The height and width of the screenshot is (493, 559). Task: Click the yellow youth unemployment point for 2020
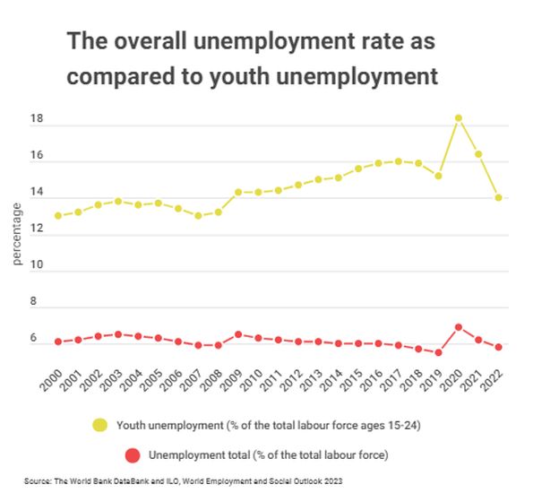(459, 118)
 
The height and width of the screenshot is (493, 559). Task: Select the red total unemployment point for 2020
(459, 327)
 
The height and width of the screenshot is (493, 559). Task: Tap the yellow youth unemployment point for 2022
(498, 198)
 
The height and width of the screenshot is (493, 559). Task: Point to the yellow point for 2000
(58, 216)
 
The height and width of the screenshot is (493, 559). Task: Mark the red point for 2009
(238, 334)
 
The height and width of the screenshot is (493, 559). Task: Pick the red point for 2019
(438, 352)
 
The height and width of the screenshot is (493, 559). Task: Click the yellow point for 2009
(238, 192)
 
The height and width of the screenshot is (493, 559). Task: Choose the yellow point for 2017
(399, 161)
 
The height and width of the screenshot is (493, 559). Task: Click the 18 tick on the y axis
(37, 119)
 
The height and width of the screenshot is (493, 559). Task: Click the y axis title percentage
(16, 234)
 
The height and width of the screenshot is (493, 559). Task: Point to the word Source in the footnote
(39, 481)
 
